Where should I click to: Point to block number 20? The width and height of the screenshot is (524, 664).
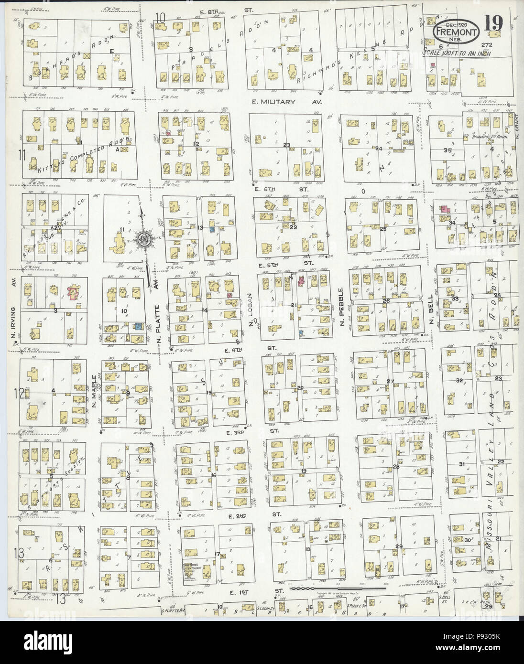[x=300, y=387]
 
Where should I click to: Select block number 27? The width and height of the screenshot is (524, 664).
[x=390, y=381]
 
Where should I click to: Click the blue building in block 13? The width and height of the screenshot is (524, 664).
[x=212, y=230]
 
